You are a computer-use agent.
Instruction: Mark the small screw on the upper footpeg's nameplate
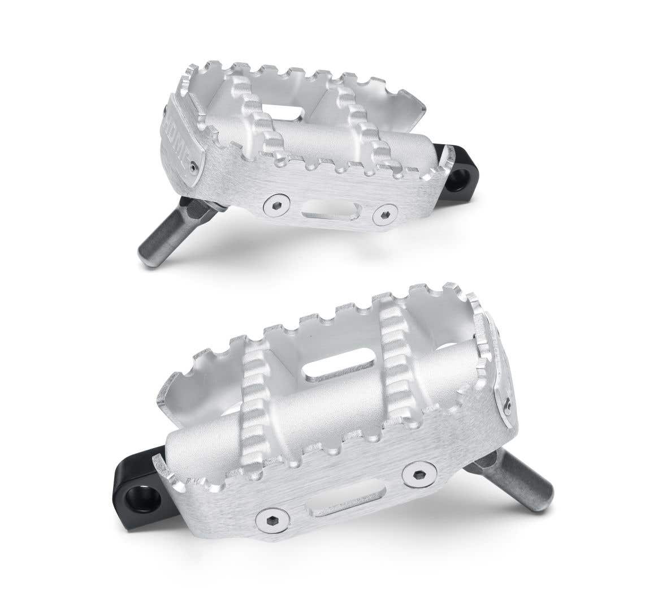pyautogui.click(x=194, y=167)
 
